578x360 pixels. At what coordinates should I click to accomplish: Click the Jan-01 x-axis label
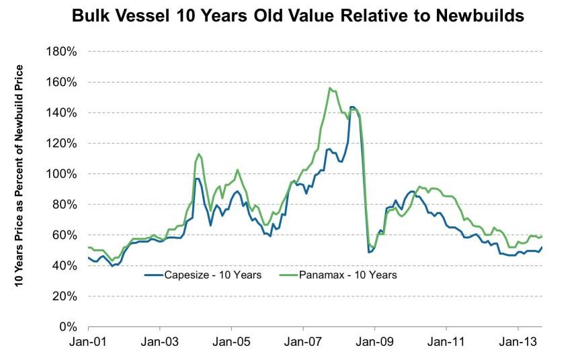pos(88,343)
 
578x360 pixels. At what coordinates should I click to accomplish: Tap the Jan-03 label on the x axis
pos(160,343)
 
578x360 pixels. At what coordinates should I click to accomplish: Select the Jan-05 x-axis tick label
pos(231,343)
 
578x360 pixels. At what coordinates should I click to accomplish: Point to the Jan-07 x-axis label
pos(303,343)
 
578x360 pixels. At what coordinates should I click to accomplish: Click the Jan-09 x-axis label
pos(374,343)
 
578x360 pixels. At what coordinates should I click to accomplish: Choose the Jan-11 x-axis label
pos(446,343)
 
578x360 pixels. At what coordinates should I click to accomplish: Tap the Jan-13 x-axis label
pos(518,343)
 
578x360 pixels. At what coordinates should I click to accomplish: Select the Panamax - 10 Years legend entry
pos(343,274)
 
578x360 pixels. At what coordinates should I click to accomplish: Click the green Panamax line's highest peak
pos(329,88)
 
